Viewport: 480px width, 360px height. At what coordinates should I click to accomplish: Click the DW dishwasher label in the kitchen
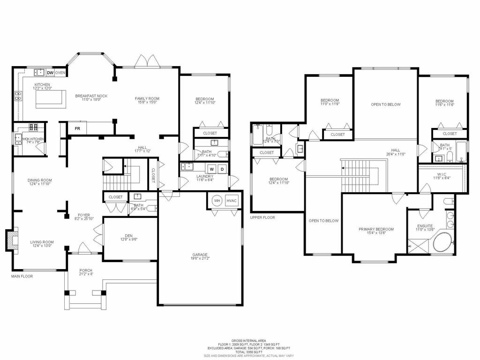coord(49,73)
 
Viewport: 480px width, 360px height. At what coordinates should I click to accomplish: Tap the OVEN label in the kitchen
coord(60,73)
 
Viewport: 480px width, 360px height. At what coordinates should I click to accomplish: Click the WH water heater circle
coord(217,200)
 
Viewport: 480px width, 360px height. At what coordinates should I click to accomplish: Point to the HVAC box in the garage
coord(232,200)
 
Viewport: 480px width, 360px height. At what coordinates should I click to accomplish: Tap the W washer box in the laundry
coord(212,168)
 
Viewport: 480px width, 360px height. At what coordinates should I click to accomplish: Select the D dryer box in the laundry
coord(223,168)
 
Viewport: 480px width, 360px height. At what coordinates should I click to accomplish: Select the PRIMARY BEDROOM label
coord(376,229)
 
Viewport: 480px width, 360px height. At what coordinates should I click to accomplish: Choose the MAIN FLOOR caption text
coord(22,276)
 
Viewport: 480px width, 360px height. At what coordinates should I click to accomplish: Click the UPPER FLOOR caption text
coord(262,217)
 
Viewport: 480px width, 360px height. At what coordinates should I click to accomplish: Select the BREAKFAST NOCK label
coord(91,96)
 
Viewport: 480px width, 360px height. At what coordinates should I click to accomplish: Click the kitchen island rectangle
coord(49,99)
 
